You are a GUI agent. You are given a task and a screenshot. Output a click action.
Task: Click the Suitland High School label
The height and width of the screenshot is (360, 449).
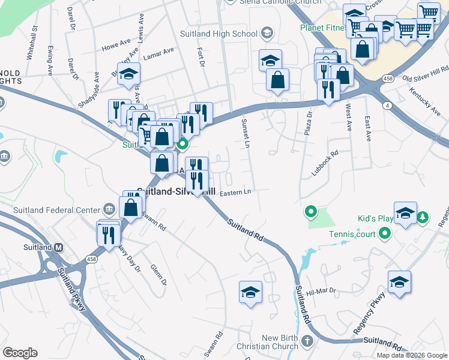[x=218, y=34]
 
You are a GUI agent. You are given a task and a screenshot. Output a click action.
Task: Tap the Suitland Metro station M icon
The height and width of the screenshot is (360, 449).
[x=59, y=247]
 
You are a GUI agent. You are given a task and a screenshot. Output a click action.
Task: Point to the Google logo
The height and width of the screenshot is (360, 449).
[x=20, y=353]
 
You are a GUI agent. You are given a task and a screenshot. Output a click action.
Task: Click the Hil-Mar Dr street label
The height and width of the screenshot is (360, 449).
[x=320, y=291]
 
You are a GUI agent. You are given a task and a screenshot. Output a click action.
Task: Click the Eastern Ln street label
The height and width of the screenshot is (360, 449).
[x=235, y=192]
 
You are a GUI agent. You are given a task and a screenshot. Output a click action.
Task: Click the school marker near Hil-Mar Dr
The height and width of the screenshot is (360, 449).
[x=399, y=282]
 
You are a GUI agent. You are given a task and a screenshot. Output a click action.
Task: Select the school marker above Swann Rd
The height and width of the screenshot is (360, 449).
[x=250, y=292]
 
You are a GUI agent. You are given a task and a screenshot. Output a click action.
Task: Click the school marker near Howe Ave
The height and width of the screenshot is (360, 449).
[x=128, y=74]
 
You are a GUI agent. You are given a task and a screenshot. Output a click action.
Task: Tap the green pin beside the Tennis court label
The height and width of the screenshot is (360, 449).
[x=385, y=233]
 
